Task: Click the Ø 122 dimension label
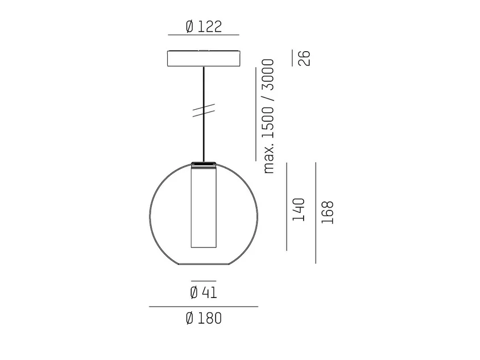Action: tap(204, 26)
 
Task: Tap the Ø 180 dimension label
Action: tap(204, 318)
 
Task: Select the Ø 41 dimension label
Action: tap(204, 292)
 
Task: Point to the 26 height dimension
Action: tap(304, 58)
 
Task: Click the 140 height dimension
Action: tap(299, 210)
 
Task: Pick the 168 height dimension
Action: tap(327, 213)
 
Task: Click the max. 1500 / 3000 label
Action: tap(268, 117)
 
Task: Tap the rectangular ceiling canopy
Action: tap(204, 59)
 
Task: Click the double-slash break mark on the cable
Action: tap(204, 110)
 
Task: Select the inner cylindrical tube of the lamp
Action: tap(204, 206)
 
